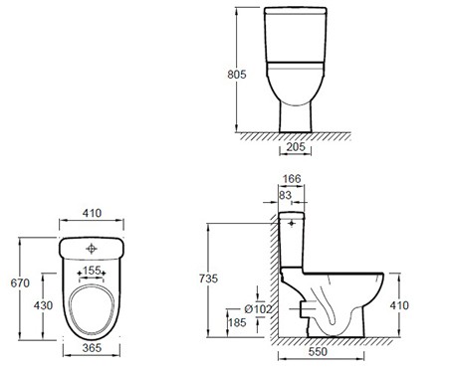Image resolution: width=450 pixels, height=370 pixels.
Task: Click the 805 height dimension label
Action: (x=237, y=75)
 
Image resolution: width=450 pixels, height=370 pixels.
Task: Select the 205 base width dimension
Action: (x=296, y=146)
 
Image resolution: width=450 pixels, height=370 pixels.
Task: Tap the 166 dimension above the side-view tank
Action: (x=292, y=179)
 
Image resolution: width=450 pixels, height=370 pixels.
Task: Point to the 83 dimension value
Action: (x=285, y=195)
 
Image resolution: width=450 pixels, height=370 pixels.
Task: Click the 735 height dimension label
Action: (x=208, y=278)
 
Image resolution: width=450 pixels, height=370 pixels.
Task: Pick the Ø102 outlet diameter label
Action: (x=258, y=309)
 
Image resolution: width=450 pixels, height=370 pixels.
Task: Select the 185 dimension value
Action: (x=237, y=322)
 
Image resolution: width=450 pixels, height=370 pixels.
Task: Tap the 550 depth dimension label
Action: (x=318, y=352)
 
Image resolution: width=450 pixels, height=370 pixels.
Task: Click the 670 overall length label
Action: (x=20, y=283)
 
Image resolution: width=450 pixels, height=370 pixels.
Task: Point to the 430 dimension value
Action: (x=43, y=305)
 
